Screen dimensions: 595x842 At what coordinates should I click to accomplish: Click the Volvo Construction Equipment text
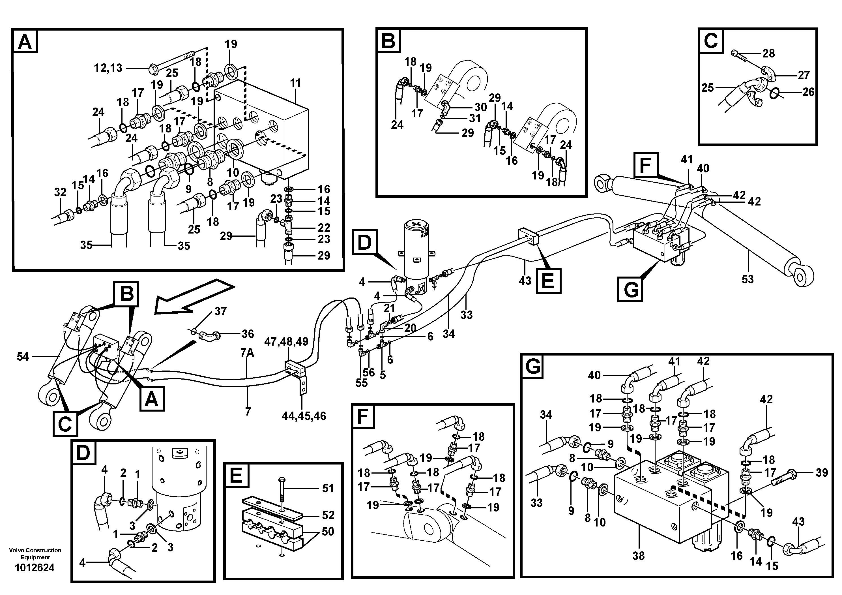35,554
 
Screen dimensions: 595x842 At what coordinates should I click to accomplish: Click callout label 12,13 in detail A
108,68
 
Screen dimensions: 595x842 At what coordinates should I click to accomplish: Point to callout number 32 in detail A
60,192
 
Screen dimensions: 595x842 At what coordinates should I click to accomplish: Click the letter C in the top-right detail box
710,41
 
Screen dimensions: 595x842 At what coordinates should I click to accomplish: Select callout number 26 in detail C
808,92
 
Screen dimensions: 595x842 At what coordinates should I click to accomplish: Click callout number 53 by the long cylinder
748,279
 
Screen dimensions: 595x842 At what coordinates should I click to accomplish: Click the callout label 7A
247,353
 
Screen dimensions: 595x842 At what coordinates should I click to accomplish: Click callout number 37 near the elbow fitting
220,311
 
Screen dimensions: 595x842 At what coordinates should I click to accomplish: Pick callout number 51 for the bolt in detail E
328,488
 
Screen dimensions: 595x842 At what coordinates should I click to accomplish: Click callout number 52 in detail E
328,515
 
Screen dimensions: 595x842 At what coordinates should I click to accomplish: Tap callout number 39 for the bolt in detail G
821,473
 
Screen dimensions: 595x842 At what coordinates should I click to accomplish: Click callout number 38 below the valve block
639,556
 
